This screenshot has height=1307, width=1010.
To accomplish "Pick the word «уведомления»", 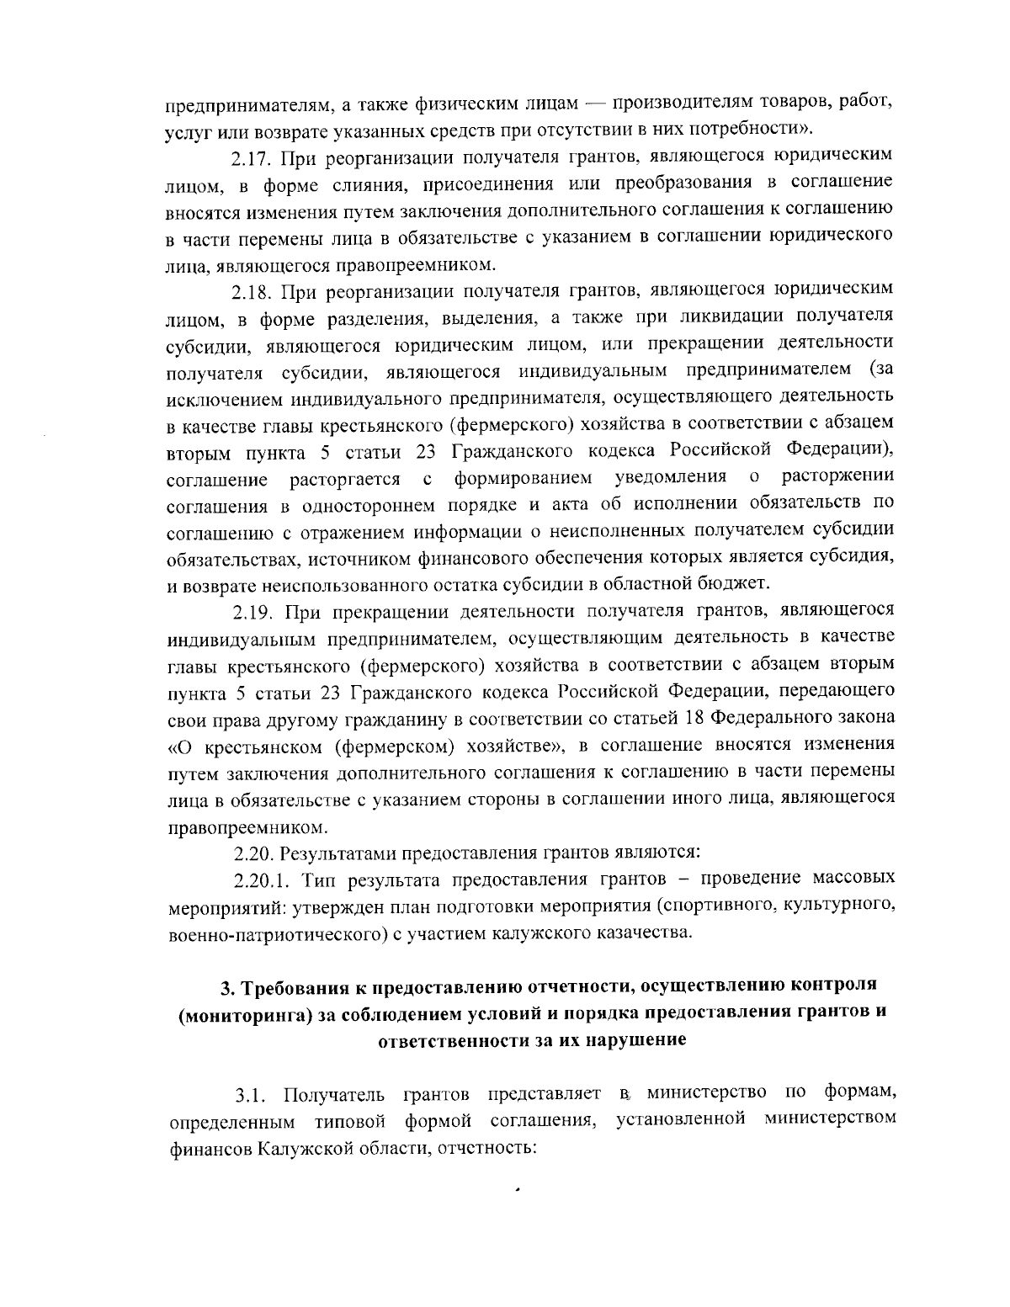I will (x=671, y=478).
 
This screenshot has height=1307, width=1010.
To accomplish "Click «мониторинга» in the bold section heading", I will (x=242, y=1013).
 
